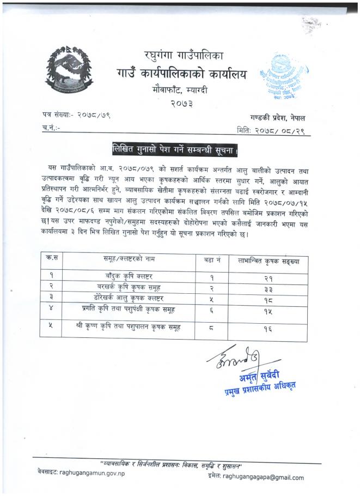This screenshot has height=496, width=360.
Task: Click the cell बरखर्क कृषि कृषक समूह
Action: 130,287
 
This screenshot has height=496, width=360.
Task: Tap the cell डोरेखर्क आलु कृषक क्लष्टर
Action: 130,297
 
